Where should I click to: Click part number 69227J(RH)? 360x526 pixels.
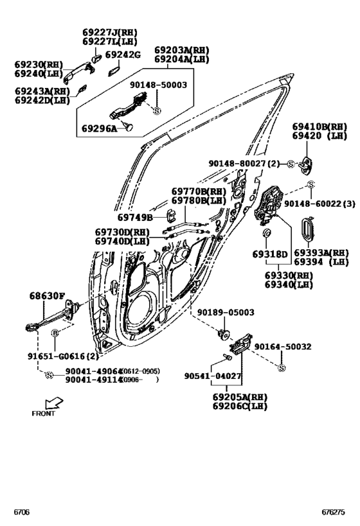pos(109,32)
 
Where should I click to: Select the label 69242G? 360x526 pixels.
pos(122,55)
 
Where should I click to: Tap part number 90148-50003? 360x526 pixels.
pos(157,85)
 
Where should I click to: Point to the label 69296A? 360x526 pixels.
pos(99,128)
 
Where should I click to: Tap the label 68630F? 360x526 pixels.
pos(46,297)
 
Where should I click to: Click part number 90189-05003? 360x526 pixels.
pos(225,313)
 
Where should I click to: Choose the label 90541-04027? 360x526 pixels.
pos(212,376)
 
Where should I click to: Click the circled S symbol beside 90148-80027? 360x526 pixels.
pos(291,164)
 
